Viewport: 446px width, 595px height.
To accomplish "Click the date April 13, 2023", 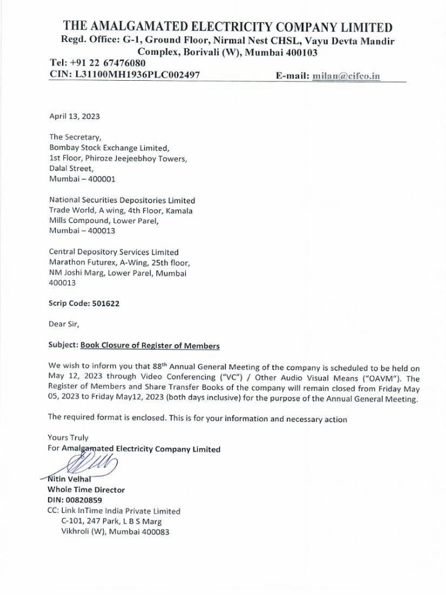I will (x=74, y=116).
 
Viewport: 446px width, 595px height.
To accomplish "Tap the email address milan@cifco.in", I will (x=346, y=76).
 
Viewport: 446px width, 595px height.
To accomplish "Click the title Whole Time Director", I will (x=86, y=490).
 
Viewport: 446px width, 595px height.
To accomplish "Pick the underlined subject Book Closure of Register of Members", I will (x=150, y=346).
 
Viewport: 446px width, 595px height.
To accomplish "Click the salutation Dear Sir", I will (x=64, y=324).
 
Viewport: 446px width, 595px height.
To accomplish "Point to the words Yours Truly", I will (x=68, y=438).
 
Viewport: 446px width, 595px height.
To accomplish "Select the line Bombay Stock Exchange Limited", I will (x=109, y=148).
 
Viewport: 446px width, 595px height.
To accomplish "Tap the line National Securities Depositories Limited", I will (x=122, y=200).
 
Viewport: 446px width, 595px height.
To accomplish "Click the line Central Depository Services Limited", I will (x=114, y=252).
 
